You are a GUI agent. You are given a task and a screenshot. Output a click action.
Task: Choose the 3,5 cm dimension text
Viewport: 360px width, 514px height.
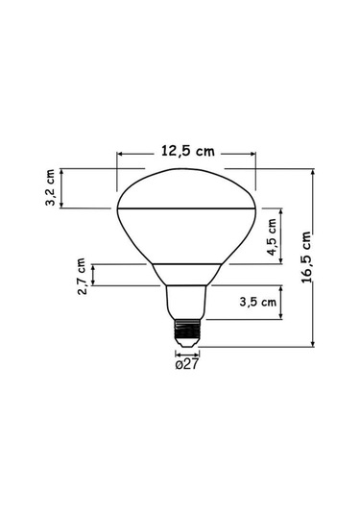257,302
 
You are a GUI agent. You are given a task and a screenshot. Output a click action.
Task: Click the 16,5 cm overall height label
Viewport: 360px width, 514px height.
306,257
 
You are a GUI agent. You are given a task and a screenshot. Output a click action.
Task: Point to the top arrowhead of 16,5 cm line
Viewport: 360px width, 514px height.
315,171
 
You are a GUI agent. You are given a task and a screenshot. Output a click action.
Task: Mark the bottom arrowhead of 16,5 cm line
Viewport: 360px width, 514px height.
315,343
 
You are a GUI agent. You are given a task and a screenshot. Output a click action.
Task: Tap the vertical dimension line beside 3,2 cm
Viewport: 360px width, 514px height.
63,189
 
